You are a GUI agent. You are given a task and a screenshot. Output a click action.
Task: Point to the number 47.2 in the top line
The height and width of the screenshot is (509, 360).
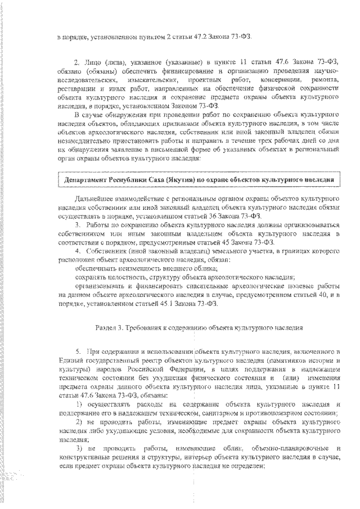tap(204, 37)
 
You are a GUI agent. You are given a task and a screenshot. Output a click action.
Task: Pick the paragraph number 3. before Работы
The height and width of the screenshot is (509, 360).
tap(78, 224)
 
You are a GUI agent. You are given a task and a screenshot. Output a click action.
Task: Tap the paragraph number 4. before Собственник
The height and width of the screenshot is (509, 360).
tap(78, 246)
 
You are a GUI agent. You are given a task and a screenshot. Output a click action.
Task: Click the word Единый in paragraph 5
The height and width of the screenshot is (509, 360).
tap(69, 359)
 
